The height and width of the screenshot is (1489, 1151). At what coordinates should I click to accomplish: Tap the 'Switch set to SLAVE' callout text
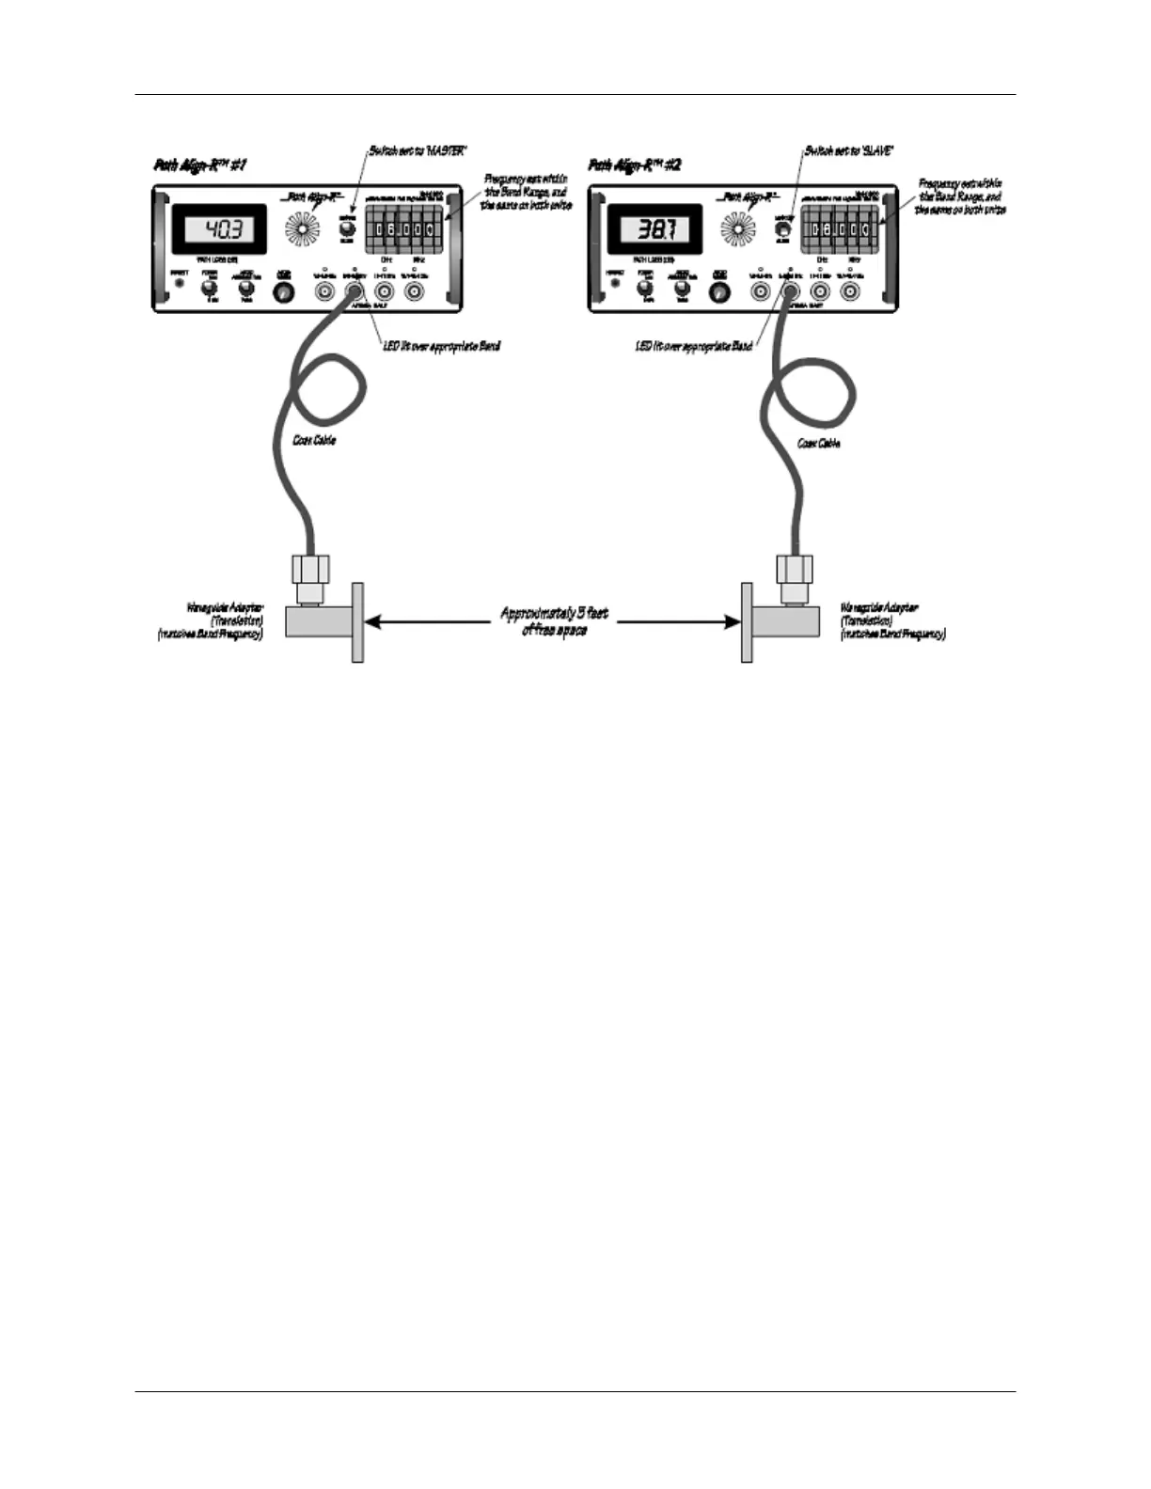click(x=849, y=150)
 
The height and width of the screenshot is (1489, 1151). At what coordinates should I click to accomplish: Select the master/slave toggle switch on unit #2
click(x=780, y=228)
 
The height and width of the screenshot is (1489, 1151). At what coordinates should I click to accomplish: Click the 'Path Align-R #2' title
click(x=635, y=165)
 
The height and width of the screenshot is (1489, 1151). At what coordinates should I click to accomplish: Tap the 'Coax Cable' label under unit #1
click(x=314, y=440)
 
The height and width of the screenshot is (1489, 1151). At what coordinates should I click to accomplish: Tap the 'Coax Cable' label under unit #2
click(x=818, y=443)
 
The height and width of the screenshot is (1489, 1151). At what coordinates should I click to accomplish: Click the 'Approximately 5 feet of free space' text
click(x=554, y=621)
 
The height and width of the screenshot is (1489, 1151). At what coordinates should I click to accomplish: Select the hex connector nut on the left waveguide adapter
click(x=310, y=569)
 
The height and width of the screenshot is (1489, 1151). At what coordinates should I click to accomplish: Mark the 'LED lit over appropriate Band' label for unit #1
click(x=440, y=346)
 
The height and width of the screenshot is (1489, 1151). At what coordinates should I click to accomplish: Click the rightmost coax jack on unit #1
click(x=414, y=292)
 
